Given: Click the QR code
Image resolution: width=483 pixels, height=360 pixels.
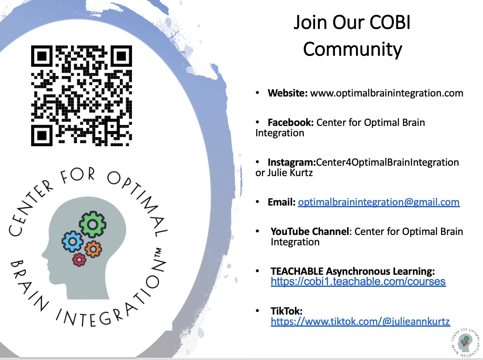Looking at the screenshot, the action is click(82, 96).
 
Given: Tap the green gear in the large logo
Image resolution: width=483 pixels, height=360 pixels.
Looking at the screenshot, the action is click(93, 224).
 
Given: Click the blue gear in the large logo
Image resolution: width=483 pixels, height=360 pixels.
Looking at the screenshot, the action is click(72, 241).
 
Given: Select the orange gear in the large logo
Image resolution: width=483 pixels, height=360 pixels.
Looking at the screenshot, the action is click(93, 249).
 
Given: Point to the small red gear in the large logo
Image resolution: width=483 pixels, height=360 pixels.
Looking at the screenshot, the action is click(79, 260).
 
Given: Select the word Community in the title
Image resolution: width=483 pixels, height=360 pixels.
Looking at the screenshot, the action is click(352, 49).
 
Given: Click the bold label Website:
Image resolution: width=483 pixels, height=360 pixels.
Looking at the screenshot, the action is click(287, 93).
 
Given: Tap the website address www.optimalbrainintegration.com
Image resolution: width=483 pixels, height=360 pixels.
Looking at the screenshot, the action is click(386, 93).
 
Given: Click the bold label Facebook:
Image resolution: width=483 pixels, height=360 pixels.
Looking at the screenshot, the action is click(290, 122).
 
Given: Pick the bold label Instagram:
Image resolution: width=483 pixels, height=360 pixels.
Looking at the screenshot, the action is click(292, 162).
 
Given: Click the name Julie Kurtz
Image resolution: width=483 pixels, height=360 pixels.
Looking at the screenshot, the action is click(290, 173).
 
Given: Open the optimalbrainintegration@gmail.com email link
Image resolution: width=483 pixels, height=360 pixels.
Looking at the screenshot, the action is click(379, 202).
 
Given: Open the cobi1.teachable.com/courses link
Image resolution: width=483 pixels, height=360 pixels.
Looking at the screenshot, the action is click(358, 282).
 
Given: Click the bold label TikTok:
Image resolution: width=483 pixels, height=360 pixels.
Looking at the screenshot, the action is click(287, 311).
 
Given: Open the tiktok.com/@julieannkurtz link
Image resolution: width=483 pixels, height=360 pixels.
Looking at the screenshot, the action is click(361, 321).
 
